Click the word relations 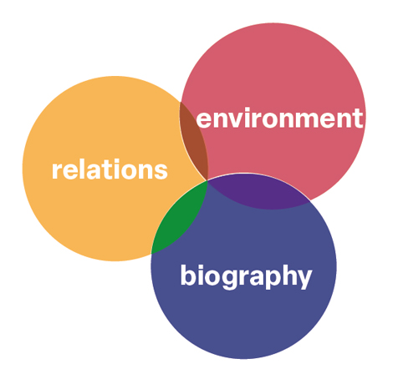pos(110,169)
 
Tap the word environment pos(279,119)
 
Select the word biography pos(246,276)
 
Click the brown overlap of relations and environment pos(194,141)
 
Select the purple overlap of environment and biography pos(258,192)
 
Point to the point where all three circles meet pos(207,181)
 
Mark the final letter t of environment pos(359,119)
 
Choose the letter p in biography pos(263,280)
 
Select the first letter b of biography pos(189,275)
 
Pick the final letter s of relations pos(161,172)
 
